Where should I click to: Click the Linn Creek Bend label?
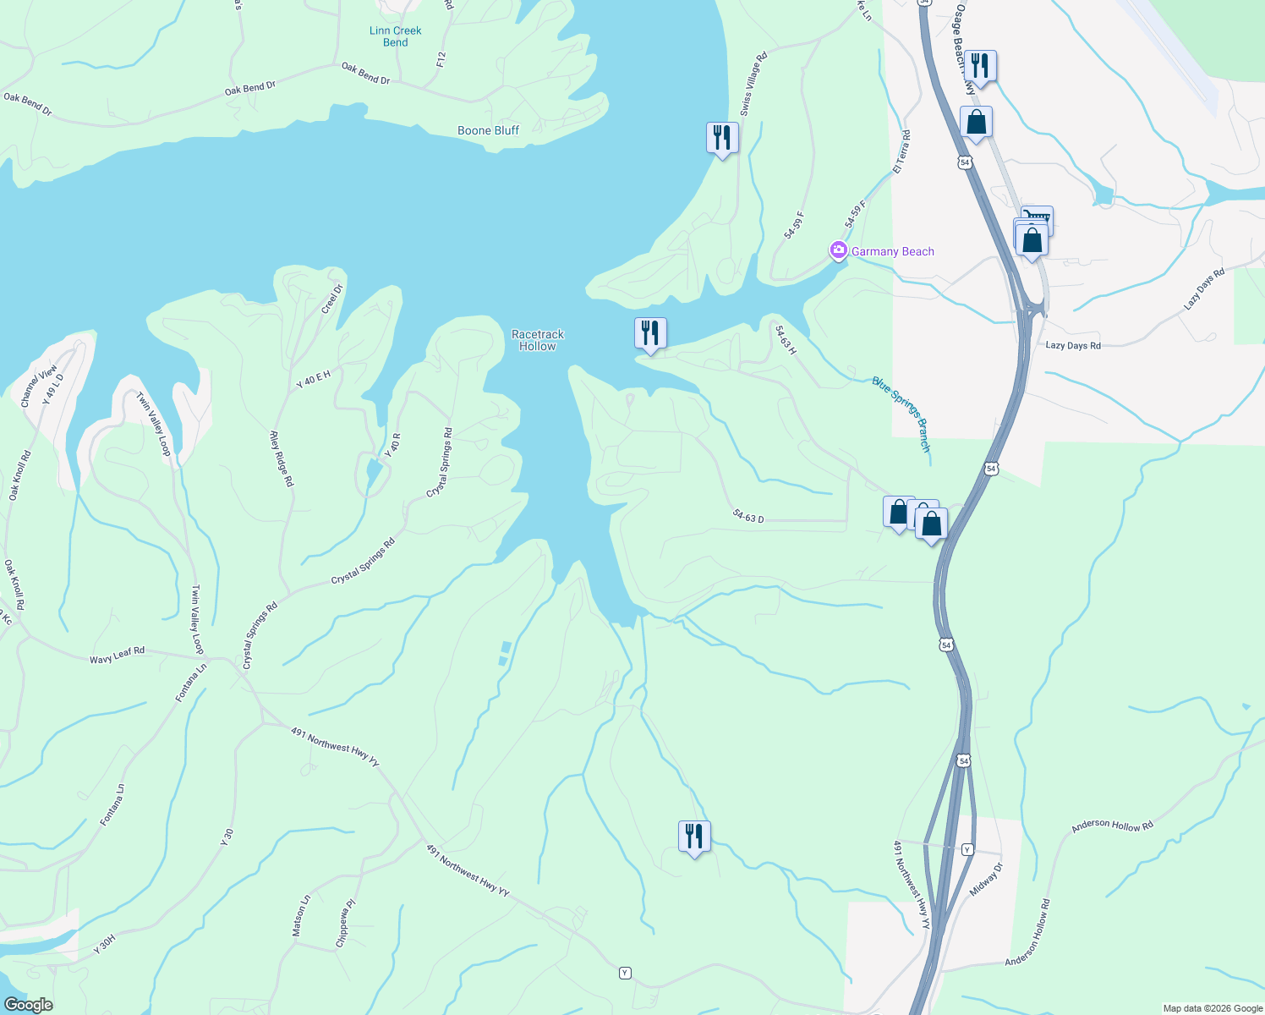(395, 36)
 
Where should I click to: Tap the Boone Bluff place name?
(488, 130)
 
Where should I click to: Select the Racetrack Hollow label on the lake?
(537, 340)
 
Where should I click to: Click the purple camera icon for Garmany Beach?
(838, 250)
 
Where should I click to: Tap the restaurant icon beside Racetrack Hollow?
(650, 333)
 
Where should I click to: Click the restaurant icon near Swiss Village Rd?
(722, 138)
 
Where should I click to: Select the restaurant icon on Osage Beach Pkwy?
(979, 66)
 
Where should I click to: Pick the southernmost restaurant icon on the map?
(694, 837)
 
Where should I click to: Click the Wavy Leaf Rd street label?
(118, 654)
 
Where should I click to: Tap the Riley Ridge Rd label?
(282, 458)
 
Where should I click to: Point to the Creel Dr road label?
(332, 299)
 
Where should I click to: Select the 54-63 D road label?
(748, 516)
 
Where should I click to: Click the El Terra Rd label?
(902, 152)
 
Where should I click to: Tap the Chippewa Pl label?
(345, 923)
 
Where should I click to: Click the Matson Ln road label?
(301, 915)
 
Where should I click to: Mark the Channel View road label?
(39, 386)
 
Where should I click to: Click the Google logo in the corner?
(28, 1004)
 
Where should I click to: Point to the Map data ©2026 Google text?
(1212, 1008)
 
